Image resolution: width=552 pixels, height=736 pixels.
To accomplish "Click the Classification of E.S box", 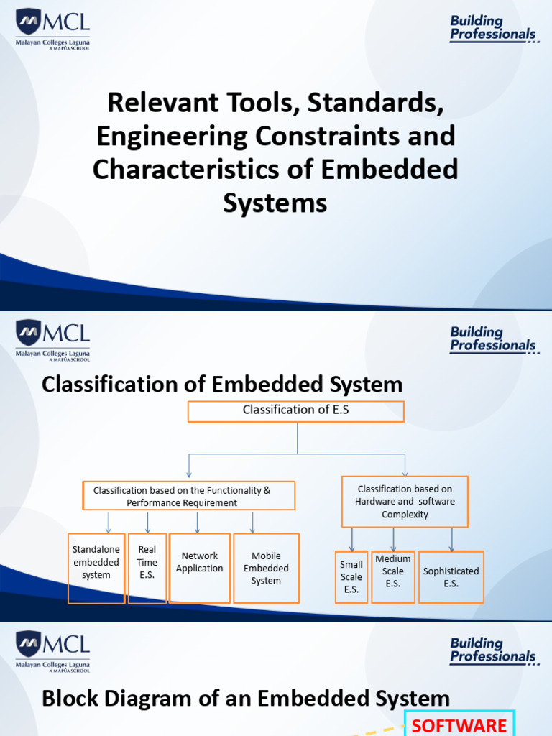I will [x=296, y=411].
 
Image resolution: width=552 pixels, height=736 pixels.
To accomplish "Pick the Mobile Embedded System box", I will [x=266, y=568].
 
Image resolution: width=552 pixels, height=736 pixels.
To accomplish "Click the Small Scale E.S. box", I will [x=351, y=576].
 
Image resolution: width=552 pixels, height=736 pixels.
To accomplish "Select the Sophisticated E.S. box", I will [x=451, y=576].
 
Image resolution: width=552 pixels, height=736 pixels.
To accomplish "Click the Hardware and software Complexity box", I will [x=405, y=502].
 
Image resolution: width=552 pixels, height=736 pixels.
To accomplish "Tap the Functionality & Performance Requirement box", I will [x=189, y=497].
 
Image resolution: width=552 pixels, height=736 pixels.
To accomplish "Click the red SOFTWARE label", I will [x=459, y=724].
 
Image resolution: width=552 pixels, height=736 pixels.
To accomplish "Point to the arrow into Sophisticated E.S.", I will [x=452, y=540].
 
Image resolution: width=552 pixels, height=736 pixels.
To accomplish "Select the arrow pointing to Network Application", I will [x=197, y=523].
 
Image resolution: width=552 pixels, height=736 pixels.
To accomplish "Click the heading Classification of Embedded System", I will [x=222, y=384].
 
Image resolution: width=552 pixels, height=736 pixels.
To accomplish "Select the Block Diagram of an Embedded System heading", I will [x=246, y=698].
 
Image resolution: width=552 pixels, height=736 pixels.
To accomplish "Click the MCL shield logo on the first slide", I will [x=29, y=22].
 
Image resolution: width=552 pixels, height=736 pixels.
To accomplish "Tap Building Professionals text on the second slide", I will [x=493, y=339].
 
